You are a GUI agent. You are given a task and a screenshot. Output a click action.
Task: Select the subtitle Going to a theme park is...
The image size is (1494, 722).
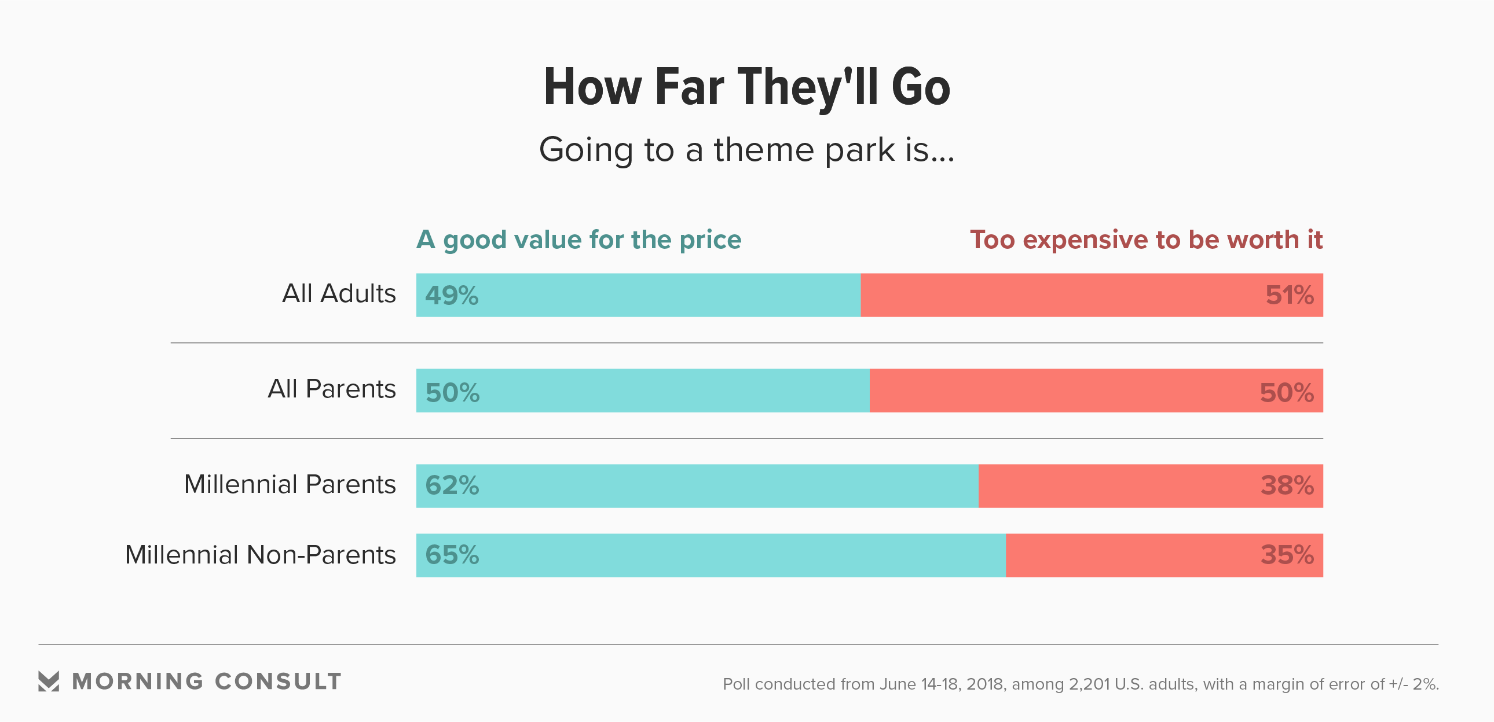[746, 149]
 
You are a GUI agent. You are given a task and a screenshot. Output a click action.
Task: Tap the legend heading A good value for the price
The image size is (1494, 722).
[579, 240]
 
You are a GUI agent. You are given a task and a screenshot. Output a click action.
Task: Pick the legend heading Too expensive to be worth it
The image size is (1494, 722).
[1146, 240]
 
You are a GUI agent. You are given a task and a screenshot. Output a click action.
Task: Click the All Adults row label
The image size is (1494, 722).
[339, 294]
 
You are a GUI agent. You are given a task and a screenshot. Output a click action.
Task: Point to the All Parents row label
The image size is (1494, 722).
[331, 389]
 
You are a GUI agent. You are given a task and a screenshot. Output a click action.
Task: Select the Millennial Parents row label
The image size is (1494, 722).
[290, 484]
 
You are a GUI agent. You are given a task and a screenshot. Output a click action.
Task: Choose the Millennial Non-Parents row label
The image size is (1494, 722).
[261, 555]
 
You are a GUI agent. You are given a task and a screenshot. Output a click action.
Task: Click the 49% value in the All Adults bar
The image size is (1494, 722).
[452, 296]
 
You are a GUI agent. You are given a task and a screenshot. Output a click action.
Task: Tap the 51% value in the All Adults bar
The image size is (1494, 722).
[1289, 296]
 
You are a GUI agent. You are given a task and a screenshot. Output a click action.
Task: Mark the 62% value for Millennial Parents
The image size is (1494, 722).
[452, 485]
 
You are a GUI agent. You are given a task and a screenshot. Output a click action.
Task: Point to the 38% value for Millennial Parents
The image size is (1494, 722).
[1287, 485]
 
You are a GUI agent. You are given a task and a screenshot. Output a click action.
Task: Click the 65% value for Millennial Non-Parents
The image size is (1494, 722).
[452, 555]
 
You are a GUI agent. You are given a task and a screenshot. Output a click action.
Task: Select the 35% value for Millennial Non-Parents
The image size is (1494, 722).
[1287, 555]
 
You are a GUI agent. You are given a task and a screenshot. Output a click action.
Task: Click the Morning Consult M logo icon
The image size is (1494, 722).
[49, 682]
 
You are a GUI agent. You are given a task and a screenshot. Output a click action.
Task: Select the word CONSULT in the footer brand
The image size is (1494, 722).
[278, 682]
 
